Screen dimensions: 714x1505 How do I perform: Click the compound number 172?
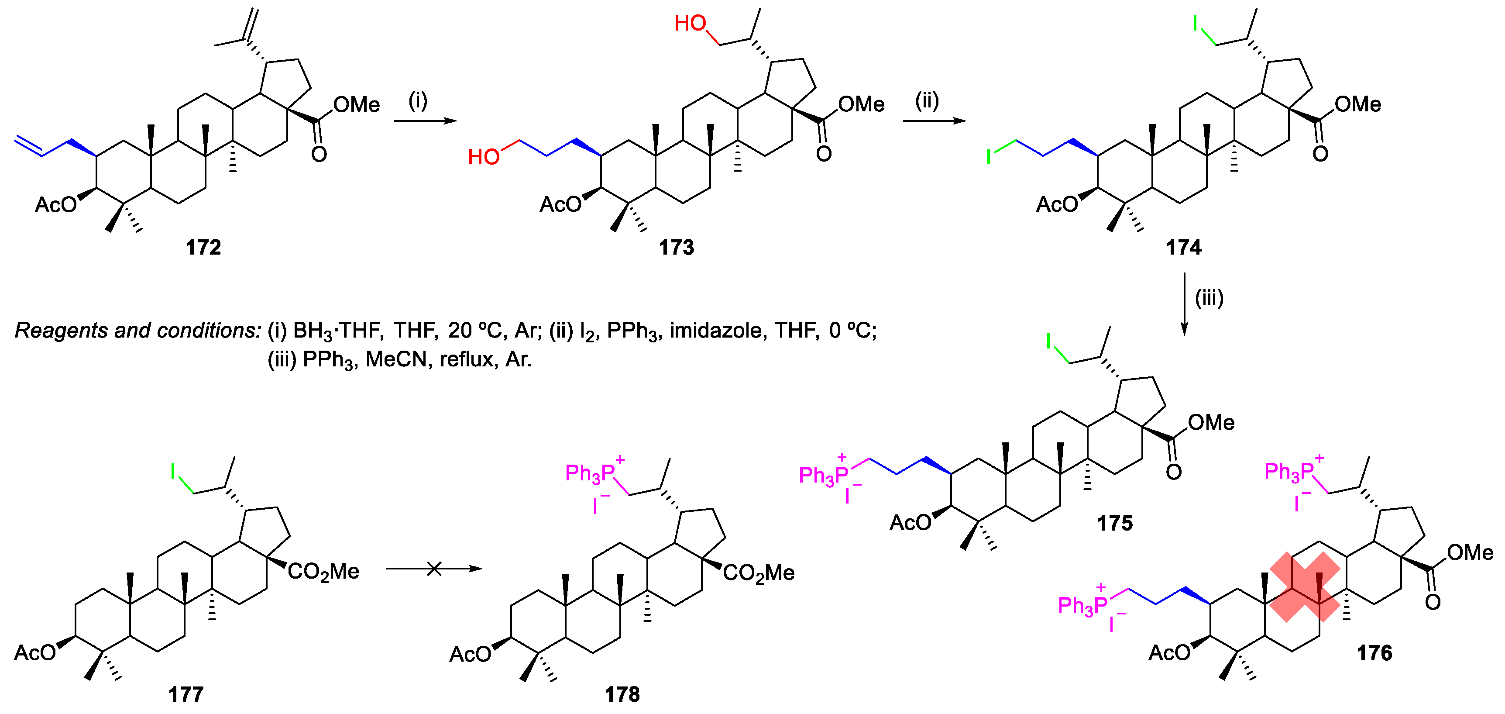(x=203, y=247)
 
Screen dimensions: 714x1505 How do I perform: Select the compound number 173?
(x=676, y=247)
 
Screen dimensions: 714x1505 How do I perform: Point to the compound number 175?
(x=1114, y=522)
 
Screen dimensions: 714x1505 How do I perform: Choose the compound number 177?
(x=186, y=694)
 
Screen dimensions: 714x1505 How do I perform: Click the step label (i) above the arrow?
(x=418, y=100)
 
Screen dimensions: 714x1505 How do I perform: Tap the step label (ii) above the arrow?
(x=927, y=100)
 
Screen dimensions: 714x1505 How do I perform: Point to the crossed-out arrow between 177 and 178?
(x=433, y=569)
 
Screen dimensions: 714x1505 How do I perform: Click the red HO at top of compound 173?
(x=690, y=24)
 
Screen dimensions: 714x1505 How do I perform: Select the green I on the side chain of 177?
(x=173, y=471)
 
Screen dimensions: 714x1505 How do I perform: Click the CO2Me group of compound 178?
(x=758, y=573)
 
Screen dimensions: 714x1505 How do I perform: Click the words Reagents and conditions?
(x=137, y=331)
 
